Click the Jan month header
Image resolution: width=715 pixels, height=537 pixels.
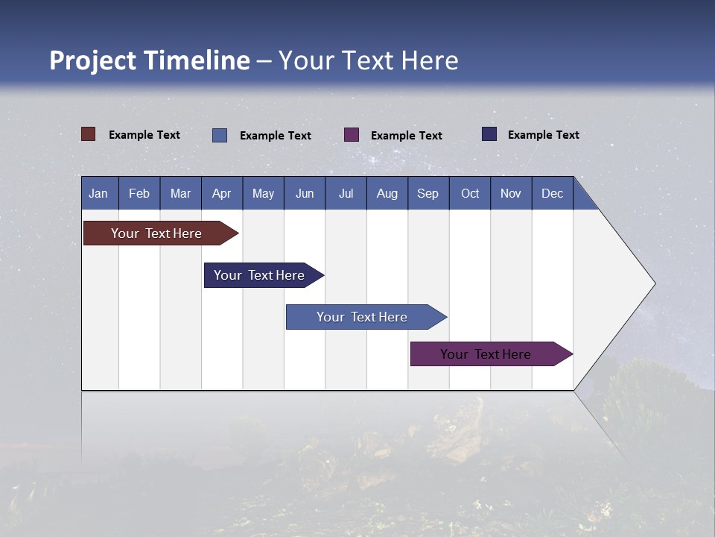click(x=98, y=193)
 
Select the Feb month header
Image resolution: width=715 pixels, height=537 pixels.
click(x=139, y=193)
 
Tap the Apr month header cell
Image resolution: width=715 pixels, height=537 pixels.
click(x=222, y=193)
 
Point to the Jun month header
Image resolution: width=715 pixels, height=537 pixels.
click(x=305, y=193)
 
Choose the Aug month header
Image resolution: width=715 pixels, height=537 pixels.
click(x=387, y=193)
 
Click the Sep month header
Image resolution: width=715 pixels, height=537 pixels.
click(x=428, y=193)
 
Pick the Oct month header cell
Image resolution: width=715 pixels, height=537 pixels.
click(x=470, y=193)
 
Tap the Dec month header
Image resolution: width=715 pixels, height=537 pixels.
click(x=553, y=193)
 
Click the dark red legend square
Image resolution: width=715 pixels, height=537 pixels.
click(x=89, y=134)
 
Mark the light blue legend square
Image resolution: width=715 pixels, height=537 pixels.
click(x=220, y=135)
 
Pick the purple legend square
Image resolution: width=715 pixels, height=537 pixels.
click(x=352, y=134)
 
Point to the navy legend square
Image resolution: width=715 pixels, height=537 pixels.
click(x=489, y=134)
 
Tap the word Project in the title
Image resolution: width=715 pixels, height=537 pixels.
click(x=92, y=60)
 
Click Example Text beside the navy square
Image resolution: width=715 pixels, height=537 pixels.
click(x=543, y=135)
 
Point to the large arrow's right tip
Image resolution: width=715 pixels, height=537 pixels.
click(x=653, y=283)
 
